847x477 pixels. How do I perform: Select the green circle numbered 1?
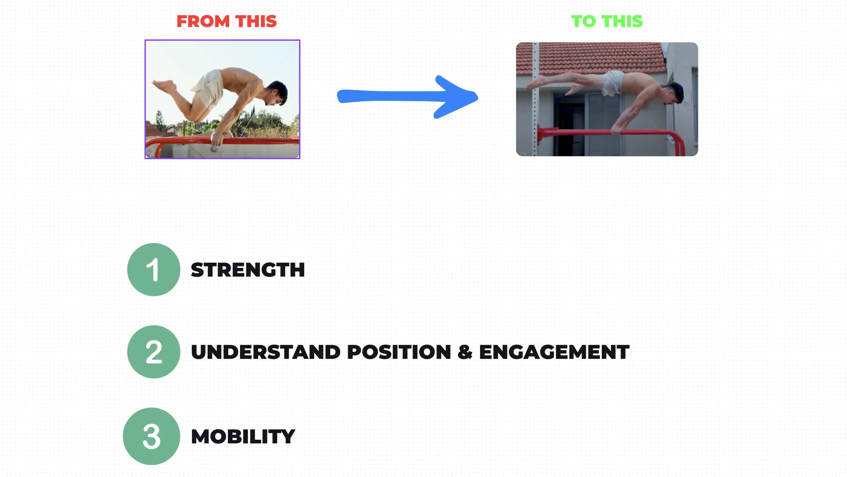coord(154,270)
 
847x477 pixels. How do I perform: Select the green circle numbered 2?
coord(154,351)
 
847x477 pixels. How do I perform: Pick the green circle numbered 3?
coord(152,436)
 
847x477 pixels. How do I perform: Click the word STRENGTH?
coord(248,270)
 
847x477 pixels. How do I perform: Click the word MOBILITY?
coord(243,437)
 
